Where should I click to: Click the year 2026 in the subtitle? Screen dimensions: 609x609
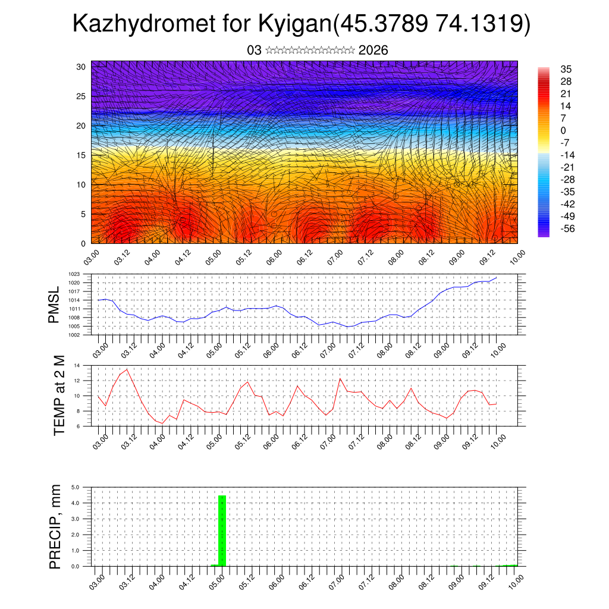pyautogui.click(x=373, y=51)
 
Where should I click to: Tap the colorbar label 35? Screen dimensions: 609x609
pyautogui.click(x=566, y=70)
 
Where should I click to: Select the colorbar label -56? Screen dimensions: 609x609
pyautogui.click(x=567, y=228)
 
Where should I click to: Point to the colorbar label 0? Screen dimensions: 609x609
pyautogui.click(x=563, y=131)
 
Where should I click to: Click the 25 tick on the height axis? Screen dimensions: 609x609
pyautogui.click(x=81, y=96)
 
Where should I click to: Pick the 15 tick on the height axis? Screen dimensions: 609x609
pyautogui.click(x=81, y=155)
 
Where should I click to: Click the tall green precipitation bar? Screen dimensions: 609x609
pyautogui.click(x=222, y=530)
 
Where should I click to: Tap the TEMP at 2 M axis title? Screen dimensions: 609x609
pyautogui.click(x=59, y=394)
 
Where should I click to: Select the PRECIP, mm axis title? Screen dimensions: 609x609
pyautogui.click(x=55, y=526)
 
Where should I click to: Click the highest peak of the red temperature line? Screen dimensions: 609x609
pyautogui.click(x=127, y=369)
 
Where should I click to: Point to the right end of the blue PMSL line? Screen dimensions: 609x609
pyautogui.click(x=497, y=278)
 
